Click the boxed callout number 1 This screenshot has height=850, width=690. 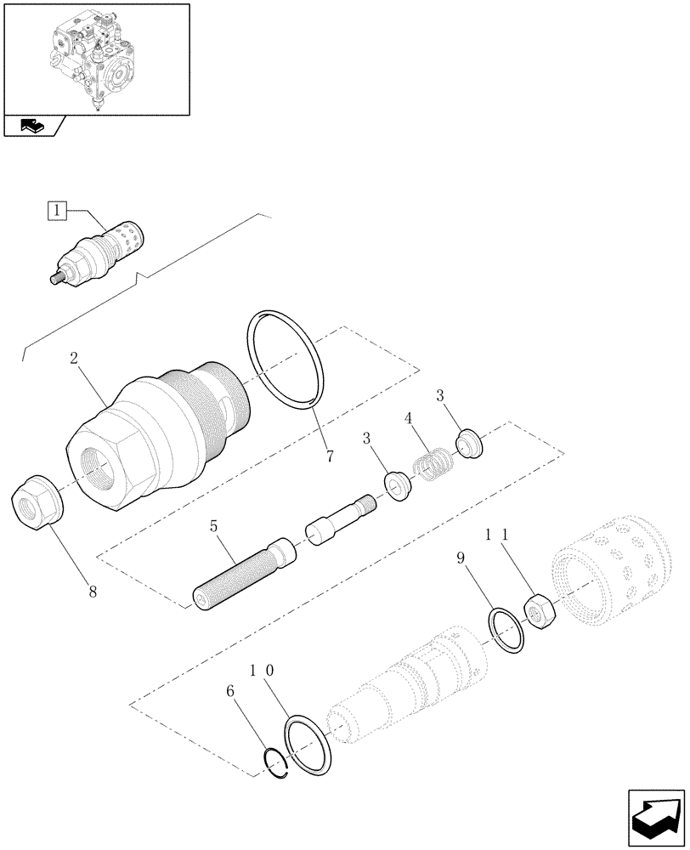pyautogui.click(x=54, y=209)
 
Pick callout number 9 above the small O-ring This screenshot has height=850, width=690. pyautogui.click(x=461, y=560)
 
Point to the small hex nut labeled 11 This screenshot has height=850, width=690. pyautogui.click(x=539, y=609)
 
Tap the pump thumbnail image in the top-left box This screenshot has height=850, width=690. pyautogui.click(x=95, y=59)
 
